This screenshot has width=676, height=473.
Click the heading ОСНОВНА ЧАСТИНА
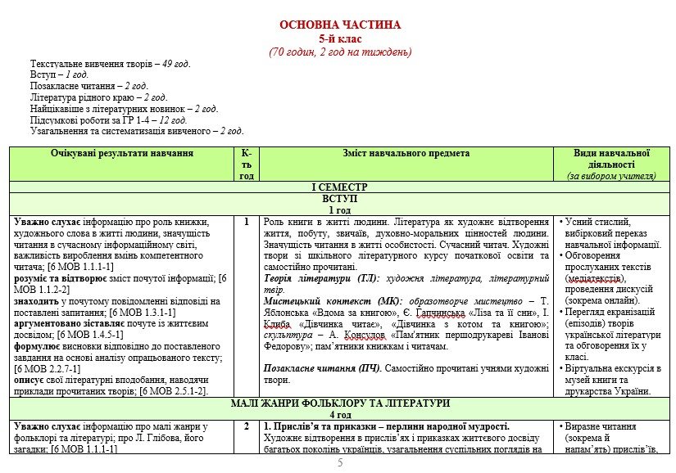coord(340,25)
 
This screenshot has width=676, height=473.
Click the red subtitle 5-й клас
coord(340,38)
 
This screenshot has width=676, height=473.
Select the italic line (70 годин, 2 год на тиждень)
coord(340,52)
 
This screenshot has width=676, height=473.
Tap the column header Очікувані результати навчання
coord(122,153)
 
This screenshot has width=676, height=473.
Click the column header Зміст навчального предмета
coord(406,153)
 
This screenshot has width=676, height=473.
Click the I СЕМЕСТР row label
coord(340,187)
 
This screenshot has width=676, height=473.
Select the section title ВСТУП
coord(340,199)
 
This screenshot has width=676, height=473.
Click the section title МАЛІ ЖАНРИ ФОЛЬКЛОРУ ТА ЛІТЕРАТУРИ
coord(340,403)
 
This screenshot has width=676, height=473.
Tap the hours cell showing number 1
coord(247,222)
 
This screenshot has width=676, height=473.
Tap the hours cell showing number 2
coord(247,426)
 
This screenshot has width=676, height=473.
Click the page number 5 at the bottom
coord(340,463)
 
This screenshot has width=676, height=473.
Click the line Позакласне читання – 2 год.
coord(89,86)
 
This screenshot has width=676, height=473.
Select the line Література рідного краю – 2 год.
coord(98,97)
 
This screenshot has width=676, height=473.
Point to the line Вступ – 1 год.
coord(59,74)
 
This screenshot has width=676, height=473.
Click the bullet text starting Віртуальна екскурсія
coord(610,368)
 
